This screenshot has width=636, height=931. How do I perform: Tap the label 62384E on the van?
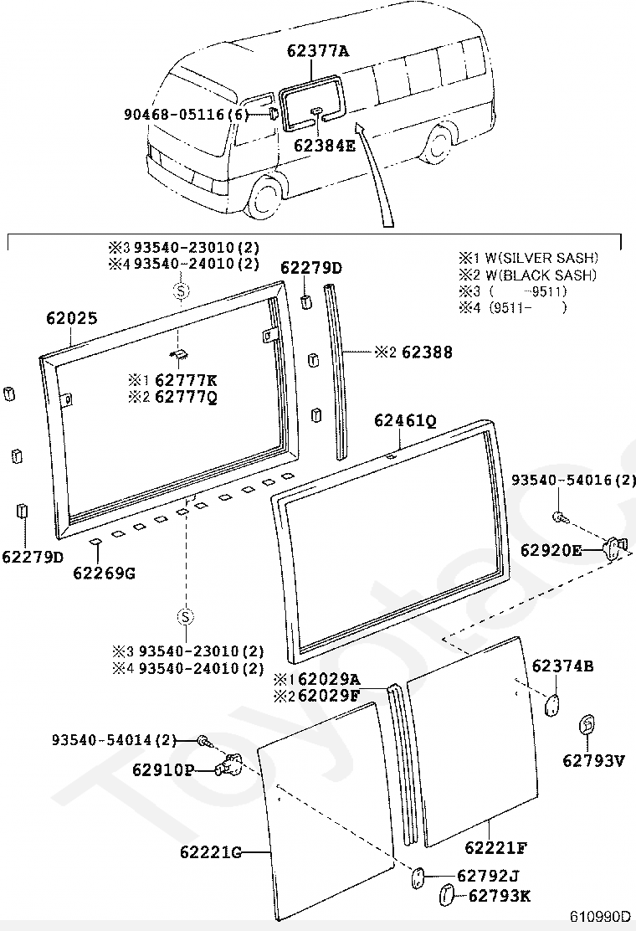[x=325, y=146]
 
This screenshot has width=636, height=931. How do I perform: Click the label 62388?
[x=427, y=352]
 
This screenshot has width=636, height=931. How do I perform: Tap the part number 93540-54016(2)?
[x=574, y=481]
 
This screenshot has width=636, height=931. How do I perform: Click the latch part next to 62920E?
[x=615, y=547]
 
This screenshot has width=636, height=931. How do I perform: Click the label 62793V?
[x=592, y=760]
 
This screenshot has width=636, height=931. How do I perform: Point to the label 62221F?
[x=495, y=847]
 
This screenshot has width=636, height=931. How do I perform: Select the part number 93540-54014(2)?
[x=115, y=740]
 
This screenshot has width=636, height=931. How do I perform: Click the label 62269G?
[x=104, y=573]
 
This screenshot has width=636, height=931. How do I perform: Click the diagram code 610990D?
[x=602, y=916]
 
